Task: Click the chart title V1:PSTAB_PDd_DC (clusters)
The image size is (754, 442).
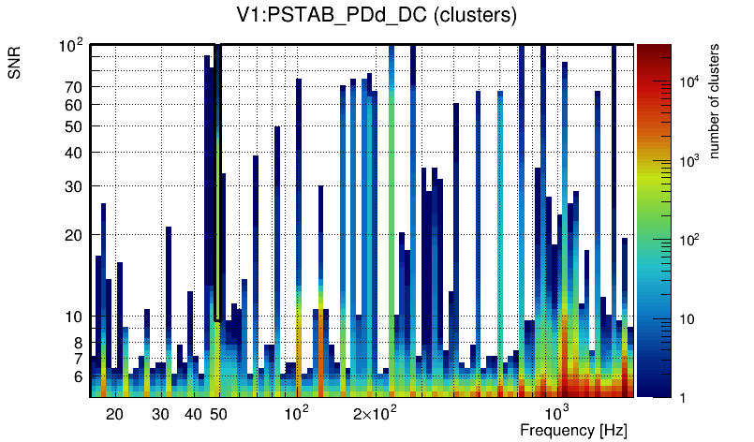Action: point(376,16)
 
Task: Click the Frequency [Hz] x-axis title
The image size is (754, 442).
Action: point(572,430)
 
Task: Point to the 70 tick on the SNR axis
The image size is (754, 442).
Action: point(74,87)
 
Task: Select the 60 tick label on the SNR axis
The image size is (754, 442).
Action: point(74,105)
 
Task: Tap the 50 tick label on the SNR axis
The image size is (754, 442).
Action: point(74,126)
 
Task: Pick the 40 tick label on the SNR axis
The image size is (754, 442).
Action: point(74,153)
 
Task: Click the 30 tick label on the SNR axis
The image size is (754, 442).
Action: point(74,186)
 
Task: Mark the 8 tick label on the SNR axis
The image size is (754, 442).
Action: point(79,343)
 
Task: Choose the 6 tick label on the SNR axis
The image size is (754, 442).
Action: point(79,376)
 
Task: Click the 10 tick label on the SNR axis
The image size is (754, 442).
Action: point(74,317)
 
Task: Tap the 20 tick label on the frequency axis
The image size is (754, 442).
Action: point(114,414)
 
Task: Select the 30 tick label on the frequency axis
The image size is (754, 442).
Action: point(160,414)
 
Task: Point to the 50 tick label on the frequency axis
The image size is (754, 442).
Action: point(217,414)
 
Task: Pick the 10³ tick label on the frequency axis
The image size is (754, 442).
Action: point(556,413)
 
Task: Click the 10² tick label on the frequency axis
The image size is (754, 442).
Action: point(296,413)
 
